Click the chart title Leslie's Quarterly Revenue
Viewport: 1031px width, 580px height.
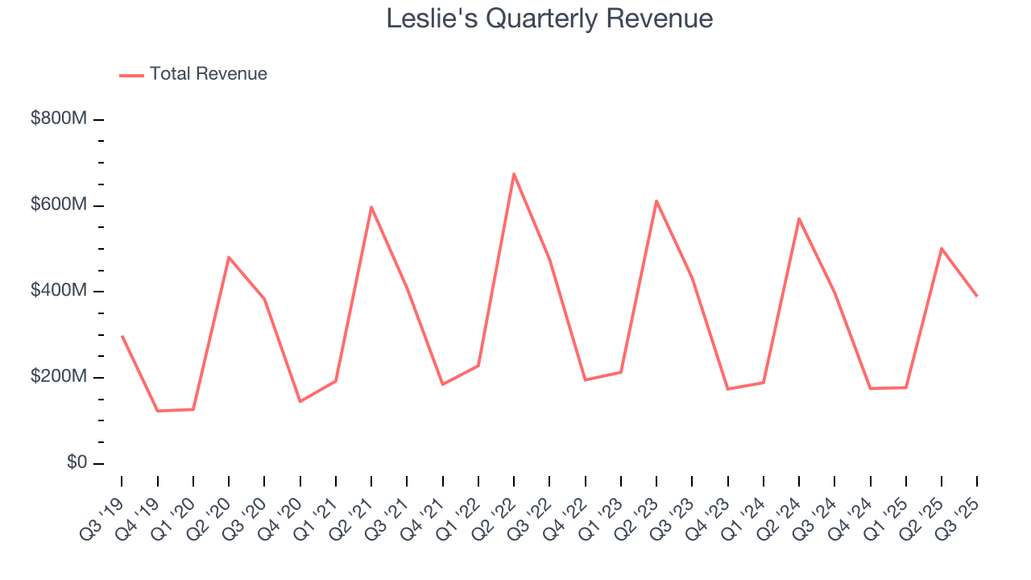[549, 19]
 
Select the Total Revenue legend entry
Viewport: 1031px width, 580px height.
[193, 74]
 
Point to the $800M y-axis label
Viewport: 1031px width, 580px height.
[58, 118]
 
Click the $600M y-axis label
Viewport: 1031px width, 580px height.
[58, 205]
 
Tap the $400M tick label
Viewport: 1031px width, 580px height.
[58, 291]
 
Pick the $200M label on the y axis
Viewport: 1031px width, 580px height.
[58, 377]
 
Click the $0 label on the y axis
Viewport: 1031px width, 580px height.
[77, 463]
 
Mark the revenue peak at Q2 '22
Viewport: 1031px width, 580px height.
[514, 174]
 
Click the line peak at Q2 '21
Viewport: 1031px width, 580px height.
[371, 207]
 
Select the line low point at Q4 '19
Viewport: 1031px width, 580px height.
[157, 411]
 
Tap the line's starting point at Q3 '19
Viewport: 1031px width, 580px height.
[122, 336]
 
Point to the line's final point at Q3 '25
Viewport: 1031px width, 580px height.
[977, 296]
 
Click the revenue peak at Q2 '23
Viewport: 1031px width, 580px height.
[656, 201]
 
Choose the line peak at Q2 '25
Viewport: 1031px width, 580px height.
[941, 248]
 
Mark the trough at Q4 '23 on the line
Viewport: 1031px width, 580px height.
[727, 389]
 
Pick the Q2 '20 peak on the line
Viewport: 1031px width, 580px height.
[229, 257]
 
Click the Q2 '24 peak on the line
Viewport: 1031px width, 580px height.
[799, 218]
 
